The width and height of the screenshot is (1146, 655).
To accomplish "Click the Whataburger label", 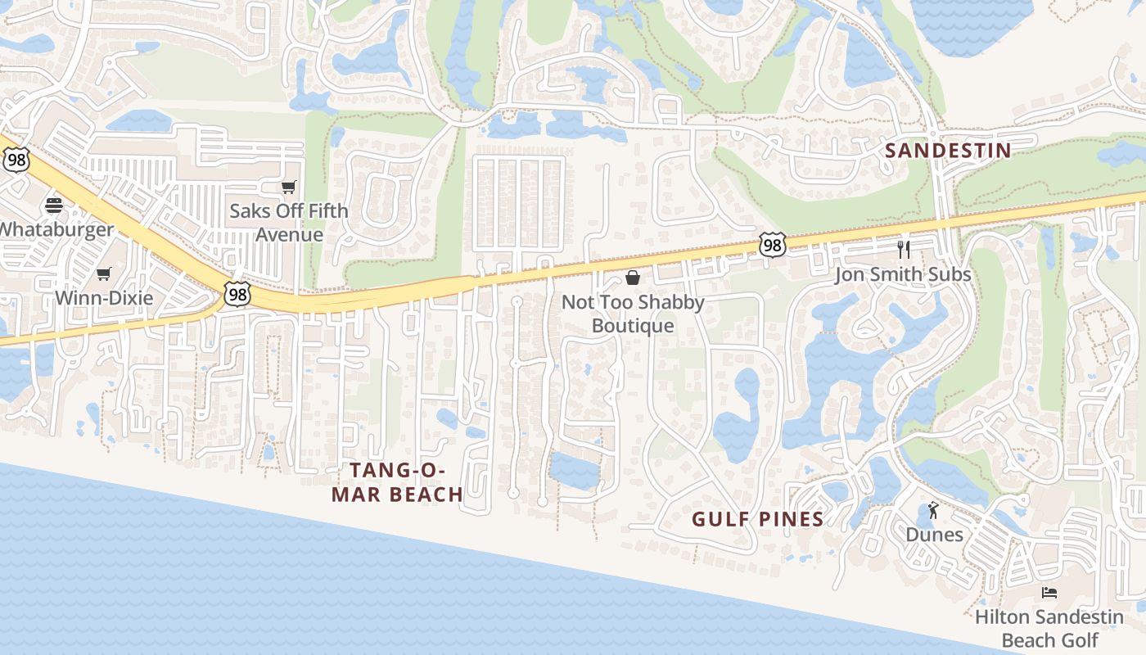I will click(x=56, y=229).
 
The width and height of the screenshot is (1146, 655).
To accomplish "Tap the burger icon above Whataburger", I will click(x=54, y=205).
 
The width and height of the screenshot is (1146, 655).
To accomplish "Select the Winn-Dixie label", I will click(x=104, y=297).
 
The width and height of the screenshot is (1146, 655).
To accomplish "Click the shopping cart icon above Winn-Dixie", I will click(x=103, y=273).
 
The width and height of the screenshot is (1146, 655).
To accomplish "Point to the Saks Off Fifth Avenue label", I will click(x=288, y=222).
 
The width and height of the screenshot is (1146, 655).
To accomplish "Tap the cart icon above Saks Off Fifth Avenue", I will click(x=288, y=187).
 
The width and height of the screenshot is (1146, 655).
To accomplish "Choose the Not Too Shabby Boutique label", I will click(x=633, y=314).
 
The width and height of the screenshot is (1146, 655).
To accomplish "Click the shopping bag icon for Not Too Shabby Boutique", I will click(x=632, y=278).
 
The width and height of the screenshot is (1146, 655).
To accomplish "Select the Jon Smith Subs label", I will click(x=903, y=274).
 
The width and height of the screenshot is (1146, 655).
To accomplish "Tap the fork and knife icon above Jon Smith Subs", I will click(x=904, y=249).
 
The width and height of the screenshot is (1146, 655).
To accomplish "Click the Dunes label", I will click(x=934, y=535).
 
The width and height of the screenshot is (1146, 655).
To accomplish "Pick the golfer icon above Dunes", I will click(x=934, y=511).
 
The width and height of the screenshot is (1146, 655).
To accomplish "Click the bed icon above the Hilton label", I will click(x=1049, y=592).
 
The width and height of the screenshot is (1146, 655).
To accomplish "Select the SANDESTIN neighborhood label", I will click(x=949, y=151).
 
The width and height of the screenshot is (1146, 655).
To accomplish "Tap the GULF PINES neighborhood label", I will click(x=758, y=519).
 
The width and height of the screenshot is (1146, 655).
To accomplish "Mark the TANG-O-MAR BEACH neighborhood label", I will click(x=398, y=482).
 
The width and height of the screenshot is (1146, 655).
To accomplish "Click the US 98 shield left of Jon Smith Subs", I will click(x=772, y=244).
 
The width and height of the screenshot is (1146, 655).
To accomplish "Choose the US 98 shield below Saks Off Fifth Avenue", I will click(x=237, y=294).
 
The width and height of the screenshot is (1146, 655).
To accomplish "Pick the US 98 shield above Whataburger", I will click(x=16, y=160).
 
